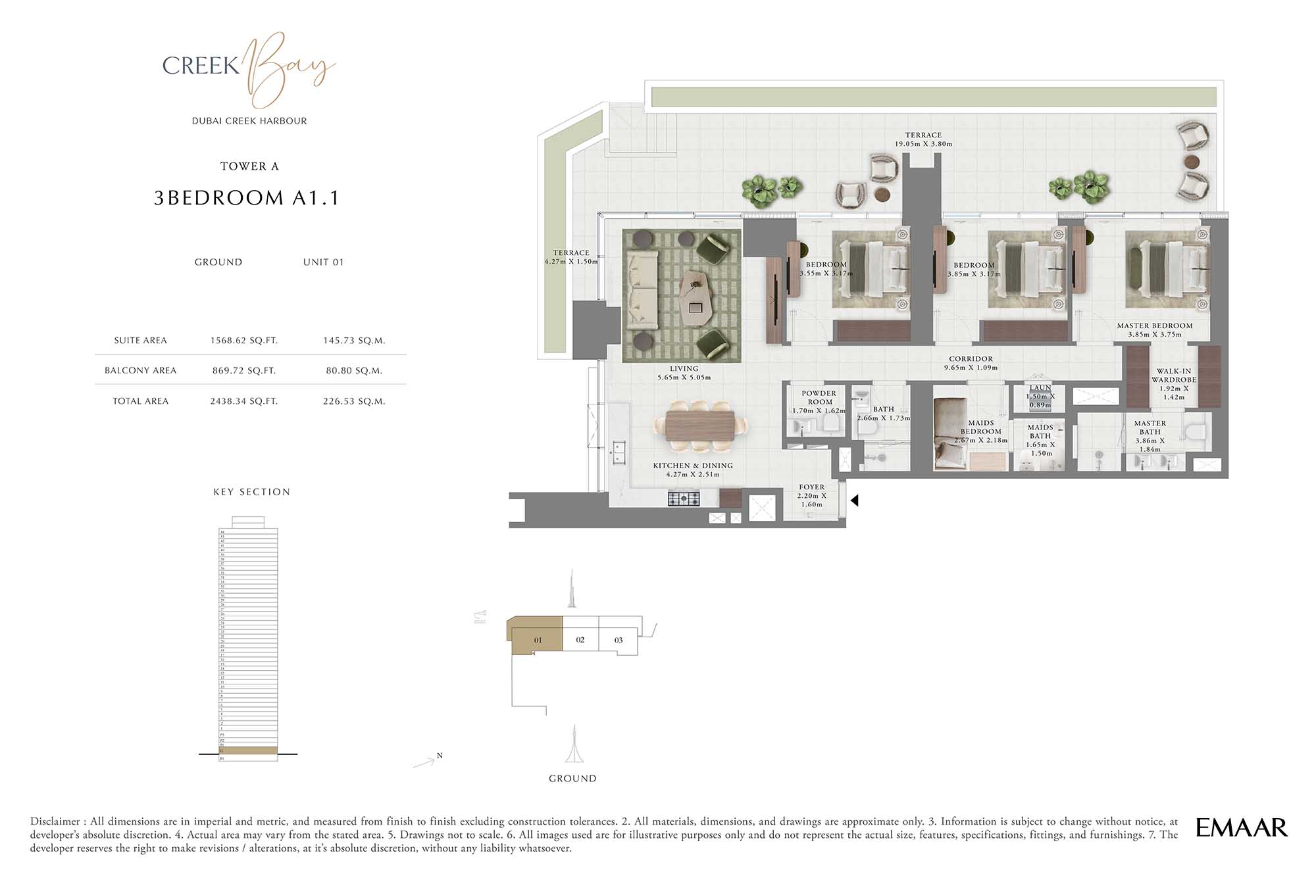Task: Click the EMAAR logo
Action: coord(1241,827)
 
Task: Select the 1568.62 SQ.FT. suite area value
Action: coord(244,341)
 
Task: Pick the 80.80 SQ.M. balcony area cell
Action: coord(354,371)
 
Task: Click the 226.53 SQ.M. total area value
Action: coord(354,401)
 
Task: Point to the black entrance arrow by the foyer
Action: coord(854,500)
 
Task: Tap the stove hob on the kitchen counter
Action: coord(684,499)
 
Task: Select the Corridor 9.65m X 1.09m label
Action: coord(971,363)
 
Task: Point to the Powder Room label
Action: coord(819,398)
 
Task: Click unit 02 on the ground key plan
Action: coord(580,639)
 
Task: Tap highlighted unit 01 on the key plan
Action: coord(538,639)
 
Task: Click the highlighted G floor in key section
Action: coord(248,750)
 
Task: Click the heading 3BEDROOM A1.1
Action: coord(247,198)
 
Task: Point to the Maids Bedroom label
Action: coord(980,427)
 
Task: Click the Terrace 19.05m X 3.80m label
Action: coord(923,139)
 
